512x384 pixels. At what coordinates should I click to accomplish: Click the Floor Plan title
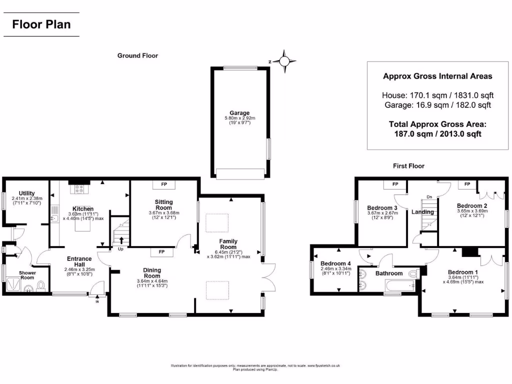(x=41, y=24)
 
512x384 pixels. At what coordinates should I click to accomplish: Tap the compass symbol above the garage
(x=284, y=61)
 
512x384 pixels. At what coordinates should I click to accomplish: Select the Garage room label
(x=239, y=113)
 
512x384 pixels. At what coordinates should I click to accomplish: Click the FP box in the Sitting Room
(x=163, y=185)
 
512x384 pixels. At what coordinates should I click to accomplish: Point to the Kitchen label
(x=83, y=208)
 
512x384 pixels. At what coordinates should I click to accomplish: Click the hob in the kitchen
(x=79, y=189)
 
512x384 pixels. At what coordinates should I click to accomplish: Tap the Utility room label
(x=26, y=193)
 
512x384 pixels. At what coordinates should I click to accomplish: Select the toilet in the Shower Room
(x=41, y=285)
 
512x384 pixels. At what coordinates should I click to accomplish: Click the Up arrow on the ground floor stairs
(x=121, y=241)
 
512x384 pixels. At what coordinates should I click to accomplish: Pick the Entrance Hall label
(x=79, y=261)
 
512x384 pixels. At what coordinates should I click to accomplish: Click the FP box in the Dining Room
(x=161, y=252)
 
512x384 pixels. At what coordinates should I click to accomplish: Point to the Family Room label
(x=228, y=243)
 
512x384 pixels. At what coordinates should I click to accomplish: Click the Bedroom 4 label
(x=335, y=263)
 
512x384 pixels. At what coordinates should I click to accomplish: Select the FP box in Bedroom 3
(x=395, y=184)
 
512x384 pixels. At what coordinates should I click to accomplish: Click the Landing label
(x=422, y=212)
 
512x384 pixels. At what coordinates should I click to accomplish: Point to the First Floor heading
(x=408, y=166)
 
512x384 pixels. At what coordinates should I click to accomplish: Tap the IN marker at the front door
(x=97, y=301)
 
